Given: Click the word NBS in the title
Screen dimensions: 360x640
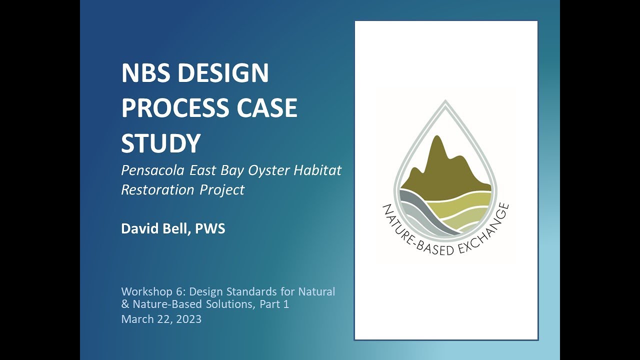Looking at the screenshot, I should (x=145, y=73).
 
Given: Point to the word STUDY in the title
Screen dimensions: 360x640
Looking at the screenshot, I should (x=160, y=143).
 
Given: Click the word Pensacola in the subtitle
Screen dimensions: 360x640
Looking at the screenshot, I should (x=152, y=170).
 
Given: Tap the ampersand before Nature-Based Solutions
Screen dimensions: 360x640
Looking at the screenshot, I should (x=125, y=304).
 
